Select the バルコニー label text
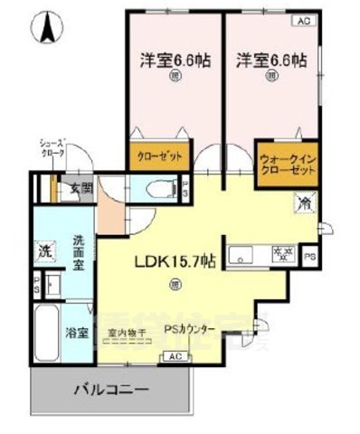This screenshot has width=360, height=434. tap(109, 392)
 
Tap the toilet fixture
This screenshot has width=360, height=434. tap(163, 191)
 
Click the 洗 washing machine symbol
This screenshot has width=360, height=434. tap(44, 250)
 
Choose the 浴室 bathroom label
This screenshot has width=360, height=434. tap(77, 332)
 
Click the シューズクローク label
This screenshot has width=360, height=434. tap(50, 148)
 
